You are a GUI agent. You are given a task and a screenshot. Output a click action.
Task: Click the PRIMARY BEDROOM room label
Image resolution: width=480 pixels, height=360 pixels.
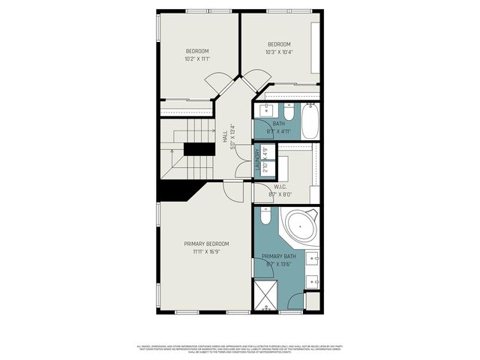(x=207, y=244)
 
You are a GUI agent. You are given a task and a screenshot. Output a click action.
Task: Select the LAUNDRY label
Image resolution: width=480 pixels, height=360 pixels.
(x=257, y=163)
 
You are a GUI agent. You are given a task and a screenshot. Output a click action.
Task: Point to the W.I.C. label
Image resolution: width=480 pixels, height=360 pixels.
(x=281, y=187)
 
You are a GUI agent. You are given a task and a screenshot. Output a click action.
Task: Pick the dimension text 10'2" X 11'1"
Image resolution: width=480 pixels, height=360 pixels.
(x=197, y=58)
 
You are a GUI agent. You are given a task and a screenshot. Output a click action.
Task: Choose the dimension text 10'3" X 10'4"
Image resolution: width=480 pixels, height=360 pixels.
(x=278, y=52)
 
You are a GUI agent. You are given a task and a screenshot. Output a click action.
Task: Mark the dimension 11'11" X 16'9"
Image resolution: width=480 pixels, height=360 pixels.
(x=207, y=253)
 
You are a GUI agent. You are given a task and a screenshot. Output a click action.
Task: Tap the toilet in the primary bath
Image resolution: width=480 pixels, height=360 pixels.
(x=265, y=218)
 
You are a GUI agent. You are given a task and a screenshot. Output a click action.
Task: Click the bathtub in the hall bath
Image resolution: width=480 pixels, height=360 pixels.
(x=310, y=121)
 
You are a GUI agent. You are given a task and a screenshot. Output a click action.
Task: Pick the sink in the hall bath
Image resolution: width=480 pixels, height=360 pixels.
(x=264, y=111)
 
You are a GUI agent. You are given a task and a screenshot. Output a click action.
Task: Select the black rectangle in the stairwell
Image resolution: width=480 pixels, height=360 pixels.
(x=199, y=148)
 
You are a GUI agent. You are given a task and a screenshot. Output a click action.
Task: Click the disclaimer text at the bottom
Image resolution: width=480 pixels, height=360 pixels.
(x=240, y=349)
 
